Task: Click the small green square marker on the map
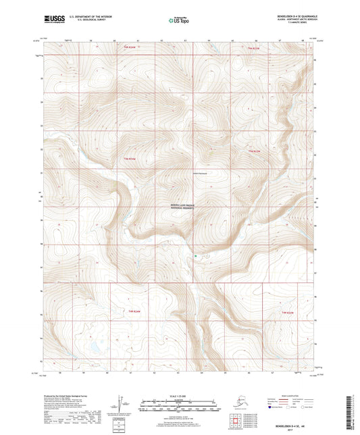196,255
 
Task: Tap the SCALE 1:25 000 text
179,396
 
